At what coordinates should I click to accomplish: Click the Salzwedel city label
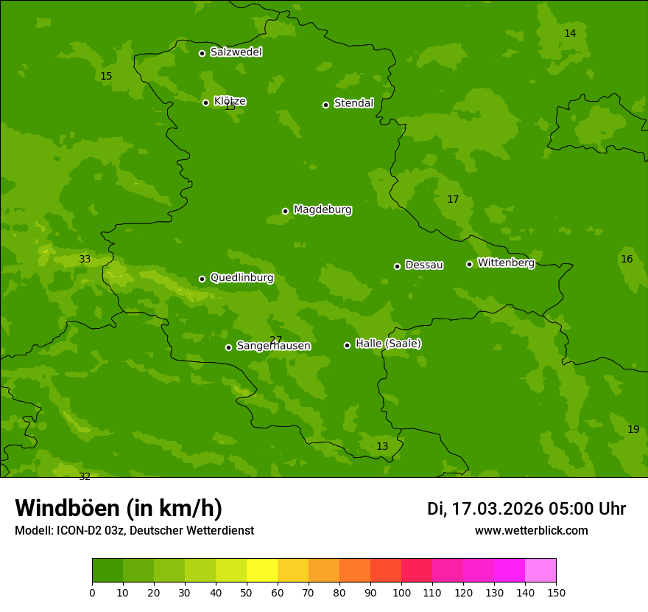coord(236,52)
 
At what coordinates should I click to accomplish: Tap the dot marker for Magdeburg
coord(285,211)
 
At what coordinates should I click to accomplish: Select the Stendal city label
coord(353,103)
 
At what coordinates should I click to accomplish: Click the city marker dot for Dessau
coord(397,266)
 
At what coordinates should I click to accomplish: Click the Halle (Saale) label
coord(388,344)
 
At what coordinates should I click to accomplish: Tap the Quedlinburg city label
coord(242,278)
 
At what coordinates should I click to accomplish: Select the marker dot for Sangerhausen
coord(228,347)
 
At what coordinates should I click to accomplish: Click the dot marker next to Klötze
coord(205,102)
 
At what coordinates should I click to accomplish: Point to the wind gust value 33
coord(85,259)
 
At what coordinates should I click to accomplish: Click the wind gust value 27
coord(275,340)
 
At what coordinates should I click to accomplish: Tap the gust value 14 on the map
coord(570,33)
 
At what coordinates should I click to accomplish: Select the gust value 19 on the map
coord(633,429)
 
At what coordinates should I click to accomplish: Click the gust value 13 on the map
coord(382,446)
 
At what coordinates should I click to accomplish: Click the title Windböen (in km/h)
coord(119,508)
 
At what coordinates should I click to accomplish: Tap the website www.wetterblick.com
coord(531,531)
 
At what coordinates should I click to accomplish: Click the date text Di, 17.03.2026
coord(485,509)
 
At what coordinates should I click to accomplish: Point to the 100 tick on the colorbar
coord(401,592)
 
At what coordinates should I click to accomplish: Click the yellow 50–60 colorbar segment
coord(262,571)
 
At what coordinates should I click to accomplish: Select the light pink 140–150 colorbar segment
coord(540,571)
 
